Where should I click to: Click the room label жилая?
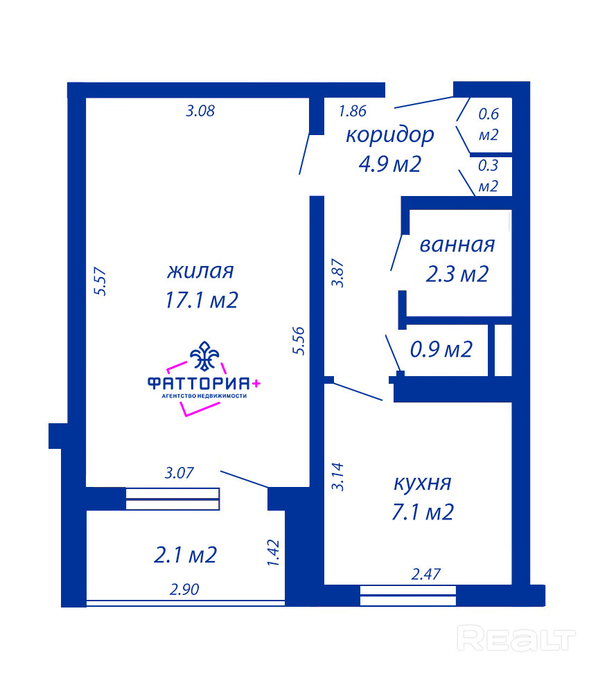200,272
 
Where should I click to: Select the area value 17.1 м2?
202,300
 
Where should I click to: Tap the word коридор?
390,136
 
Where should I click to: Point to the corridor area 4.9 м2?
390,164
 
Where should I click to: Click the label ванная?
457,245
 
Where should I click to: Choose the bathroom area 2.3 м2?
457,274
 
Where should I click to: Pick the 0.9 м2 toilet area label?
441,349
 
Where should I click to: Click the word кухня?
423,483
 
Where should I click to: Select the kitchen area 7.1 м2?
423,512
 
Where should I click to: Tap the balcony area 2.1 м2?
186,555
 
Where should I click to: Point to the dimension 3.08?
200,111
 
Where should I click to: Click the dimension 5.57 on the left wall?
100,281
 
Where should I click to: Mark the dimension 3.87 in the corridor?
337,273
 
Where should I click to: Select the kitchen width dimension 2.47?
426,574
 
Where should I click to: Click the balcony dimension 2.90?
184,589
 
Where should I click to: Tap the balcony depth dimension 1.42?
273,553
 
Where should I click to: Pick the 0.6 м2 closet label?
489,125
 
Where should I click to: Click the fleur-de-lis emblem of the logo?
204,356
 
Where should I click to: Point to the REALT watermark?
517,638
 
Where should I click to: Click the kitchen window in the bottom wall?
408,596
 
